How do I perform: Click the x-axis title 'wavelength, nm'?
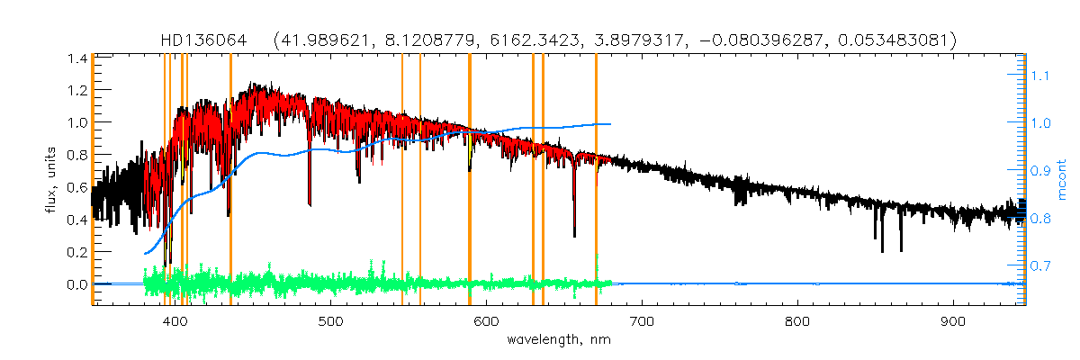[559, 340]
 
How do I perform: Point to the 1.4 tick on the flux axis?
[76, 58]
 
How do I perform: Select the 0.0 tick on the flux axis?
[76, 284]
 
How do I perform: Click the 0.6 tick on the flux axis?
[76, 187]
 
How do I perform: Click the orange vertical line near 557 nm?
[420, 180]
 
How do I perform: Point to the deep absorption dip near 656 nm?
[574, 229]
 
